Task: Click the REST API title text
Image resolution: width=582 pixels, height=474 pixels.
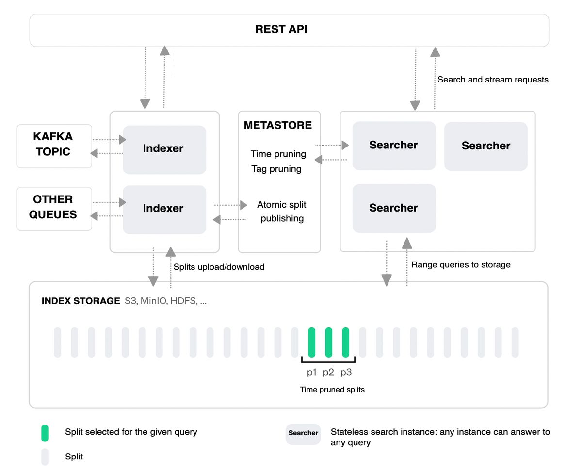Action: click(x=281, y=29)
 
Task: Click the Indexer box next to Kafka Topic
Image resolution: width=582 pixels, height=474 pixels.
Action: click(x=164, y=149)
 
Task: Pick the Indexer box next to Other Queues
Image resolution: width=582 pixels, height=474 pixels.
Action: click(x=164, y=209)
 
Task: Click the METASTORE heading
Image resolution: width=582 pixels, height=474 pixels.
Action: click(x=278, y=125)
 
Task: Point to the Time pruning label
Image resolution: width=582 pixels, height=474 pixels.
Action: click(x=278, y=154)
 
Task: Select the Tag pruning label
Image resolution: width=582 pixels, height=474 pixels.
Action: click(x=276, y=169)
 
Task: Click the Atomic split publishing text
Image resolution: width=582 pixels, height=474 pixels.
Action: click(x=282, y=212)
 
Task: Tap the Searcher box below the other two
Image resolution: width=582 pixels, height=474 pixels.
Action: click(x=393, y=208)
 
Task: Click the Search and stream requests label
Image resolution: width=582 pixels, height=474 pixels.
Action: click(x=493, y=80)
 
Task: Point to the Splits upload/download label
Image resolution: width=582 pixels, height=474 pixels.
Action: click(x=219, y=267)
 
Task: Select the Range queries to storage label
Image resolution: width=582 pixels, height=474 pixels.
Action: click(x=461, y=265)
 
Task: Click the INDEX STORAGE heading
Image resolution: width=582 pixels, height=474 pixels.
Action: click(x=81, y=301)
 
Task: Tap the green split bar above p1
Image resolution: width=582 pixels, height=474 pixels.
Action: click(x=312, y=342)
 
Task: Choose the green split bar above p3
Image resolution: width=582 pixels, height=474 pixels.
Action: click(x=346, y=342)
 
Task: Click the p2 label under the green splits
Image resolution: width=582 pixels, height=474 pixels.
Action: click(x=328, y=373)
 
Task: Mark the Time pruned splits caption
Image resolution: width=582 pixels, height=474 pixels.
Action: click(x=332, y=390)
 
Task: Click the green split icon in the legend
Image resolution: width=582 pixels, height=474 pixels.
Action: click(x=45, y=433)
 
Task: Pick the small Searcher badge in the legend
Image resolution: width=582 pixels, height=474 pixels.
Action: click(x=303, y=433)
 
